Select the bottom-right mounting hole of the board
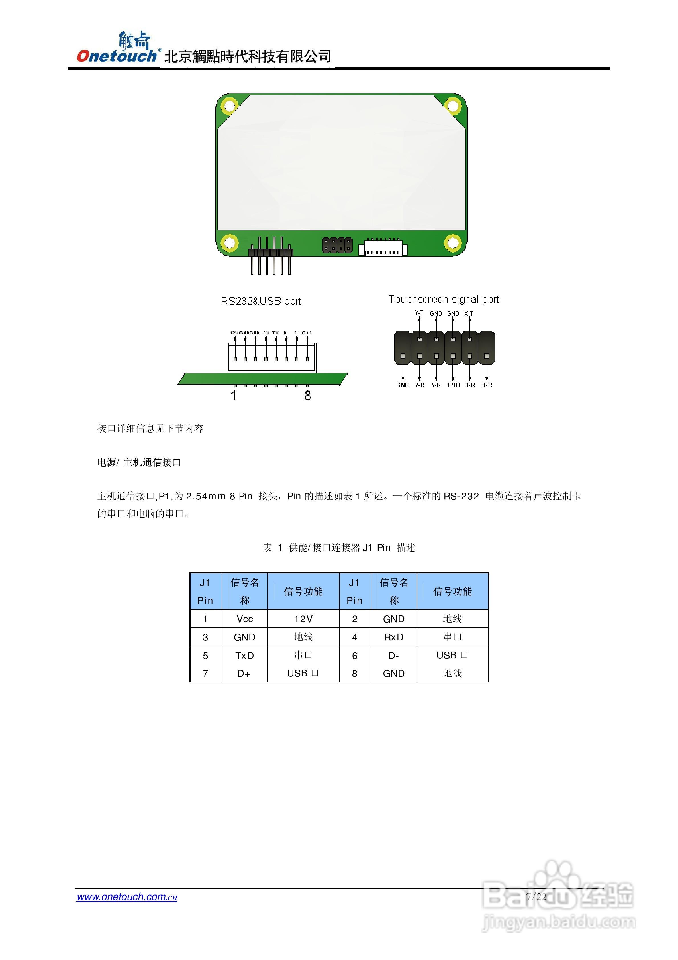tap(452, 242)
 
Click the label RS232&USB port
tap(261, 301)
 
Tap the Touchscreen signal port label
tap(444, 299)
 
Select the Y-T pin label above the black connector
tap(419, 313)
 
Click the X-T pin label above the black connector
tap(469, 313)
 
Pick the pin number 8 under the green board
tap(308, 396)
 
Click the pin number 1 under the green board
tap(234, 396)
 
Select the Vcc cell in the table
tap(244, 619)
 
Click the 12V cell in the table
tap(303, 619)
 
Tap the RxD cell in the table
tap(394, 637)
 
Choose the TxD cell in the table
tap(244, 656)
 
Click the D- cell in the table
tap(394, 656)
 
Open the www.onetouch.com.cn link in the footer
tap(127, 897)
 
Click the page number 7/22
tap(536, 896)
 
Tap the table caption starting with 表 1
tap(339, 548)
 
